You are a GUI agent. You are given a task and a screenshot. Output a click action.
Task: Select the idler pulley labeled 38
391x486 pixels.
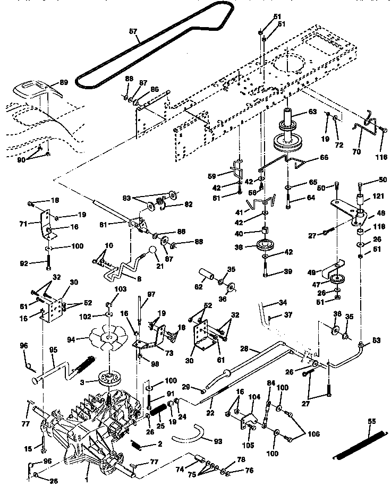pos(265,247)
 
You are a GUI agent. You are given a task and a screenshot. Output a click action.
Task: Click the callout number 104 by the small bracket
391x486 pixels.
pos(254,396)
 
